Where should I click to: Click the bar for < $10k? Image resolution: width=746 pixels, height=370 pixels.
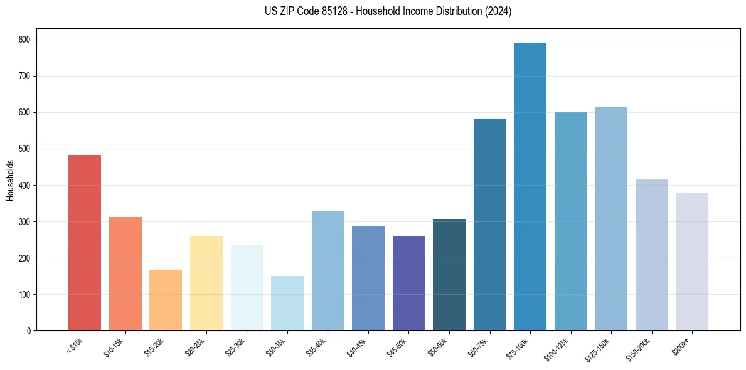[x=85, y=243]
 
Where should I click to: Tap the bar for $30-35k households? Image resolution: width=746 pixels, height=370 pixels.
[x=287, y=304]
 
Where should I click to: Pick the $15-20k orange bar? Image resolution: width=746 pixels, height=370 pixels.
[x=166, y=300]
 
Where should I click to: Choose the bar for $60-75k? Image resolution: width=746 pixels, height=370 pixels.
[x=489, y=225]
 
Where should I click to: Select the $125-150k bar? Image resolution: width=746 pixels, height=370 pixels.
[x=611, y=219]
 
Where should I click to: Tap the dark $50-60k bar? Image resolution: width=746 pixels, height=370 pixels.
[x=449, y=275]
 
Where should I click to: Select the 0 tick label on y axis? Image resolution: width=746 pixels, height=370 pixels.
[x=29, y=330]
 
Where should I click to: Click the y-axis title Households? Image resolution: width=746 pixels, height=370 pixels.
[x=11, y=180]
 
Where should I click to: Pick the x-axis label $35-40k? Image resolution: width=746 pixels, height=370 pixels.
[x=317, y=346]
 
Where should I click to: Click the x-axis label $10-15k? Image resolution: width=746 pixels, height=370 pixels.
[x=114, y=346]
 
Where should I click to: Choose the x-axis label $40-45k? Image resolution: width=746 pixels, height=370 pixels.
[x=357, y=346]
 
